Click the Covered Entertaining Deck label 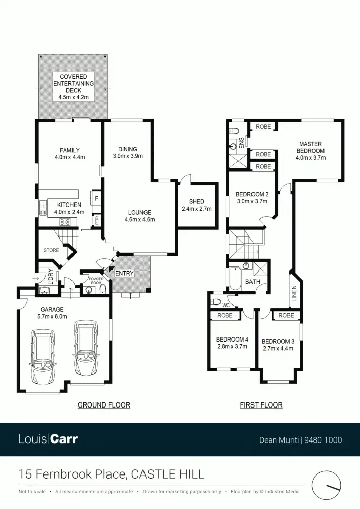point(74,87)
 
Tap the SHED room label point(196,205)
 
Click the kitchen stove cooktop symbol point(65,221)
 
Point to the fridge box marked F point(96,197)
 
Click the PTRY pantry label point(96,220)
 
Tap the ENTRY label point(124,274)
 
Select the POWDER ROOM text point(96,281)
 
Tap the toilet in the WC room point(215,302)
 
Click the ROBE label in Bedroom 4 point(225,315)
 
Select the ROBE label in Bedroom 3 point(286,315)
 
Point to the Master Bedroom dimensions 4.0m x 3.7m point(310,158)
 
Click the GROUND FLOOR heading point(103,405)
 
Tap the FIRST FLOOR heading point(261,405)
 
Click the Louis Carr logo point(48,439)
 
